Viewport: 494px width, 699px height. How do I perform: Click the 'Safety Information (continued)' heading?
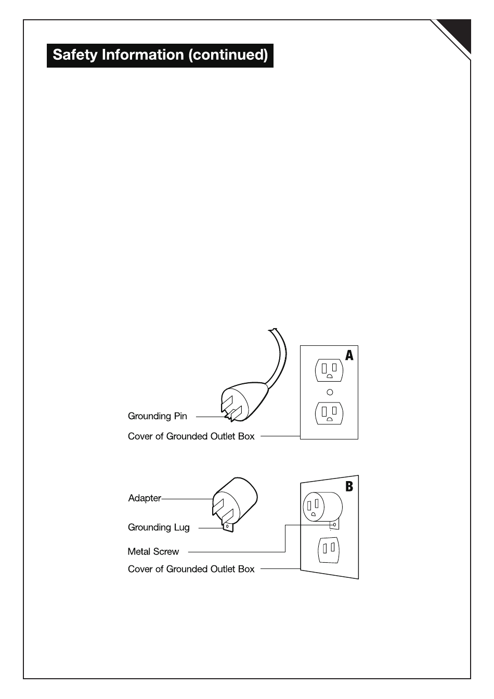pos(160,55)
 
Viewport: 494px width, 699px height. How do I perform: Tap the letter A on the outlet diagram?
pos(349,355)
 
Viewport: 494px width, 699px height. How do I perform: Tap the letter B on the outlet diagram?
pos(349,487)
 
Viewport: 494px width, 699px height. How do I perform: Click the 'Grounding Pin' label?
pos(157,416)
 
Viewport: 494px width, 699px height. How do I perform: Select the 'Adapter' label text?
pos(145,498)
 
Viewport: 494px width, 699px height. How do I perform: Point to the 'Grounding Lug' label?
pos(159,527)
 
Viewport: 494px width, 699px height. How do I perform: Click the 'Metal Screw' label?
pos(153,551)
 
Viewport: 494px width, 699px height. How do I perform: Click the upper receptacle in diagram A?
pos(329,370)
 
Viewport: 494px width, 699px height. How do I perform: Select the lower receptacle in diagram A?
pos(329,413)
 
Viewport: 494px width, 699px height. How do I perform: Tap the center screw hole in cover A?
pos(329,392)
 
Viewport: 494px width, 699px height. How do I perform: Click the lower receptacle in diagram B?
pos(328,548)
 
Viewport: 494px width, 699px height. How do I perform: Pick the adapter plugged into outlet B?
pos(322,506)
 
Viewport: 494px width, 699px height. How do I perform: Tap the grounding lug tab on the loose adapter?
pos(228,526)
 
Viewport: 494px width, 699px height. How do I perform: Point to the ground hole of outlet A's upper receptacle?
pos(329,376)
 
